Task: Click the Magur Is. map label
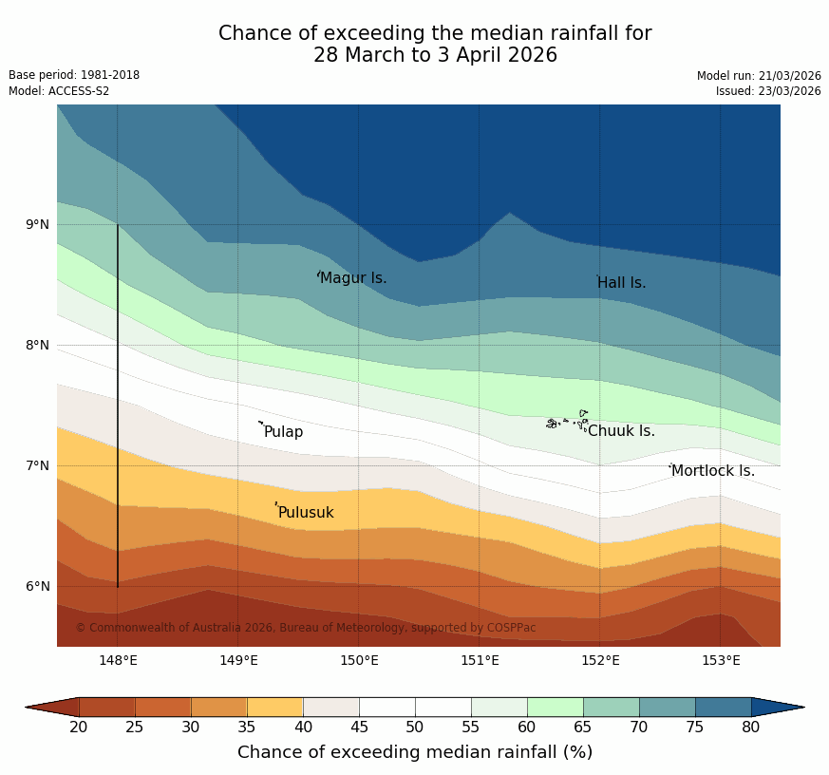coord(353,278)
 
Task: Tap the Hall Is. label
coord(622,283)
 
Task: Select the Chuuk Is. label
coord(621,431)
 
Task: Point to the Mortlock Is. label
coord(712,471)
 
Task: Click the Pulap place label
coord(283,432)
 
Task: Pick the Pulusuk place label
coord(306,513)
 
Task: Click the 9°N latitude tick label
coord(38,225)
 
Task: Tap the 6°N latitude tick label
coord(38,586)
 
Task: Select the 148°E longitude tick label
coord(118,661)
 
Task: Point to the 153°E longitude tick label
coord(720,661)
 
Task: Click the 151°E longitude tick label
coord(480,661)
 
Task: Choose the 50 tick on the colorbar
coord(415,728)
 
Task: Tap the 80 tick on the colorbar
coord(750,728)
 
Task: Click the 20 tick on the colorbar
coord(79,728)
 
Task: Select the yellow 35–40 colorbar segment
coord(275,707)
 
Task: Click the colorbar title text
coord(415,752)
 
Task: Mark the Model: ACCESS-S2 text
coord(59,91)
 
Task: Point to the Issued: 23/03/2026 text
coord(768,91)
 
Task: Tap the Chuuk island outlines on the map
coord(567,421)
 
